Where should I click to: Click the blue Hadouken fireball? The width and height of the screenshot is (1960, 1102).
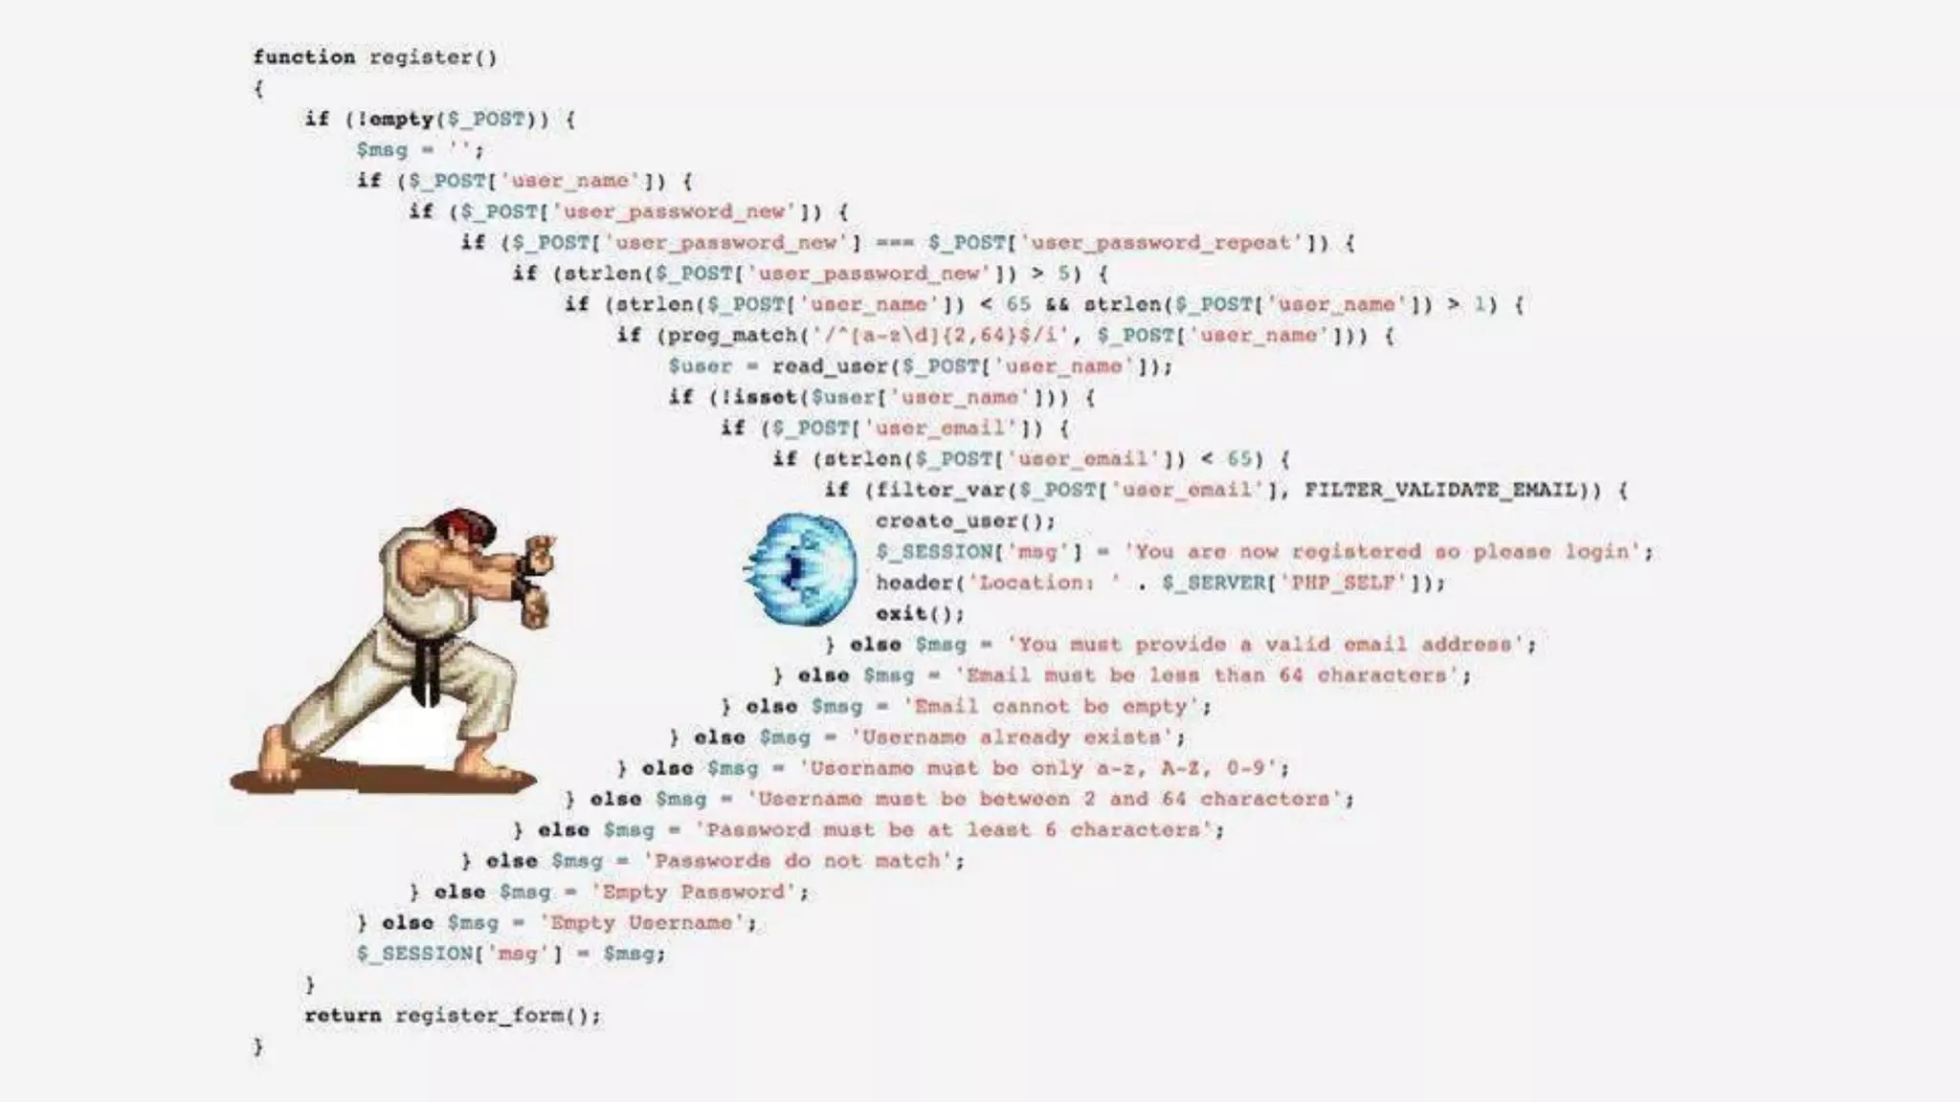coord(802,568)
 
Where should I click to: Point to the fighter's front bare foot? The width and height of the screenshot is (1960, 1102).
coord(488,765)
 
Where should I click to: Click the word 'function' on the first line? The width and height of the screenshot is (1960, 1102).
coord(303,57)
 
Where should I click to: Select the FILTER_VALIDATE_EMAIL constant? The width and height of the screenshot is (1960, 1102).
coord(1439,490)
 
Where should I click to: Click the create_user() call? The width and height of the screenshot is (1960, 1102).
coord(965,521)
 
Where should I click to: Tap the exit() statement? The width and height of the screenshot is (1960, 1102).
coord(919,613)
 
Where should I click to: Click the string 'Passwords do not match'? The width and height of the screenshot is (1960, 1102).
coord(803,861)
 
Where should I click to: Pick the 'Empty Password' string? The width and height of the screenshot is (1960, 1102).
coord(698,892)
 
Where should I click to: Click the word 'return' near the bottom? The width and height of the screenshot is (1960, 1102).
coord(343,1016)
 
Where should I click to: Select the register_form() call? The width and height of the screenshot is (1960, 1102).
coord(498,1016)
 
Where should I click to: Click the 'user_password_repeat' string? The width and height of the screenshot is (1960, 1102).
coord(1164,243)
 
